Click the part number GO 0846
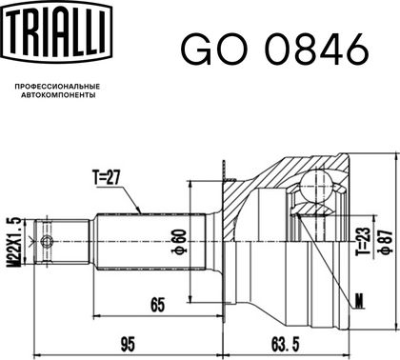275,50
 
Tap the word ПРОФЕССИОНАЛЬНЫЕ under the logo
57,87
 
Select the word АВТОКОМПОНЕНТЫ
58,95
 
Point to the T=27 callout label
106,177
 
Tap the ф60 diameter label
179,241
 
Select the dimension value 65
158,305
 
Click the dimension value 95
128,344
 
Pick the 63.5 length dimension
286,344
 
